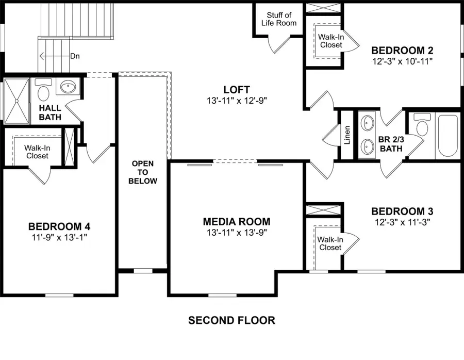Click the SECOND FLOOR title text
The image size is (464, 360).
pos(231,320)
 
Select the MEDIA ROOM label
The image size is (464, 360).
pos(236,222)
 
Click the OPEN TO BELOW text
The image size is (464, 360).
pos(143,172)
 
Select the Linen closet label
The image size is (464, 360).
pos(347,135)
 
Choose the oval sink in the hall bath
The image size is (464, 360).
pos(68,87)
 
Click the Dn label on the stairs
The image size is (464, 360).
pos(75,56)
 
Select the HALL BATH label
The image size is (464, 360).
pos(50,112)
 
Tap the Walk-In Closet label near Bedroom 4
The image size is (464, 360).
pos(37,152)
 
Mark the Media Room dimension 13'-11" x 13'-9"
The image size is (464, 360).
pos(236,233)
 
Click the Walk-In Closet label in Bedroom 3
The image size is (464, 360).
pos(329,243)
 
